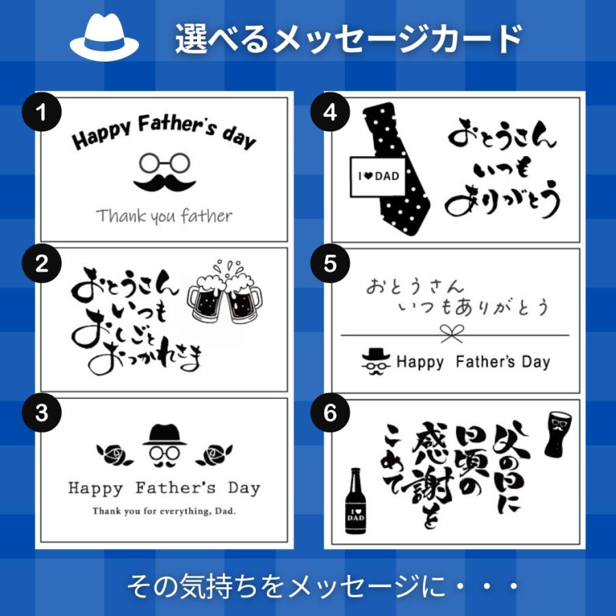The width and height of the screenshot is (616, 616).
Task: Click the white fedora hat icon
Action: pos(104,38)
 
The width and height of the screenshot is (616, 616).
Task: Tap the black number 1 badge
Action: pos(42,112)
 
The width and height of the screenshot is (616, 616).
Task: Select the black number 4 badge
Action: pos(330,112)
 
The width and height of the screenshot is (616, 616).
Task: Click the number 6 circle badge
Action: pos(330,413)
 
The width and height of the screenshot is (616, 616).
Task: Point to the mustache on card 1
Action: pos(164,183)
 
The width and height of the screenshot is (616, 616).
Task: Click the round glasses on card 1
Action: pos(164,163)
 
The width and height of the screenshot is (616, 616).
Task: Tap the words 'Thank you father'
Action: pos(164,216)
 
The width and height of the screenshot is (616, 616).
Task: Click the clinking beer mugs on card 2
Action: pos(224,292)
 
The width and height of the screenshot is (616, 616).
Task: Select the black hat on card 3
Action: pos(164,435)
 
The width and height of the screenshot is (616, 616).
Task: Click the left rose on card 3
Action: pos(114,455)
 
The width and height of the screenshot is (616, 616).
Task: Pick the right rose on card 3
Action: pos(215,455)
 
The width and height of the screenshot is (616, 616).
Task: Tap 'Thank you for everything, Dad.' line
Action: pos(164,511)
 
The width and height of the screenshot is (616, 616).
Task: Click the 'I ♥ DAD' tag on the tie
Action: pos(378,176)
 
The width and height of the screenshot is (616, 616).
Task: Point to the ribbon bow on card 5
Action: pos(452,334)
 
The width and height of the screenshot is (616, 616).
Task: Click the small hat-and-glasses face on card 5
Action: pos(376,361)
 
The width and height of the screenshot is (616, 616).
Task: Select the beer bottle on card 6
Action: pos(355,501)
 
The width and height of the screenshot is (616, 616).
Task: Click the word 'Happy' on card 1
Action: pos(101,134)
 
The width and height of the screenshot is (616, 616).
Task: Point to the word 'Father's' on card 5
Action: pos(485,361)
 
